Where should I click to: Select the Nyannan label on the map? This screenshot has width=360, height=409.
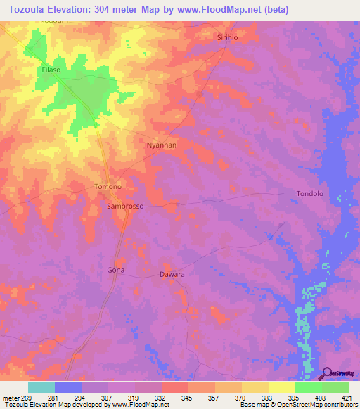point(160,145)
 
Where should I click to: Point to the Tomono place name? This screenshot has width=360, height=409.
point(108,186)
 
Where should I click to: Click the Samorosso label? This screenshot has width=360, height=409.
point(124,207)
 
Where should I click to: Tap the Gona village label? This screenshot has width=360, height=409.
point(115,270)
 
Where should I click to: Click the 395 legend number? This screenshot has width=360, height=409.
point(295,397)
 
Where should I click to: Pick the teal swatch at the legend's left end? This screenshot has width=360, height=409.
point(41,387)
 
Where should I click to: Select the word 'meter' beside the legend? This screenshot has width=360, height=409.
point(12,397)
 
